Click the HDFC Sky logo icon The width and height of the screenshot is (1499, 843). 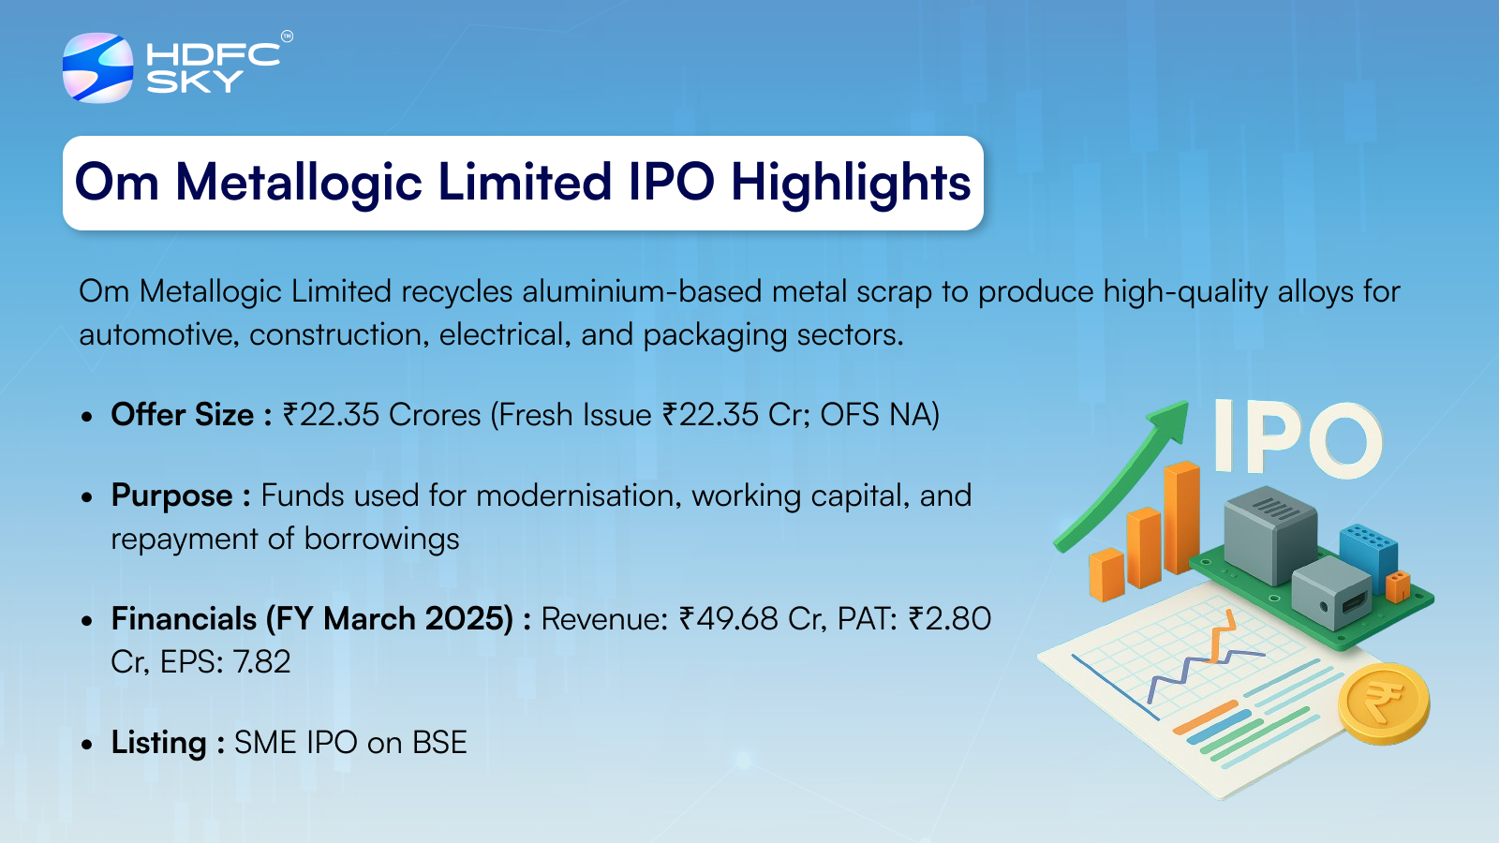coord(97,67)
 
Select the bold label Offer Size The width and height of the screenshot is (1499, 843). coord(183,415)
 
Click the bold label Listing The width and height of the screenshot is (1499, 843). coord(158,744)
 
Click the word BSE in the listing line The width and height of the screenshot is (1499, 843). coord(439,743)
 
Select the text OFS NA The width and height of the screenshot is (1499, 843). coord(875,415)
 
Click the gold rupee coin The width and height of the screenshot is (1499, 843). coord(1384,703)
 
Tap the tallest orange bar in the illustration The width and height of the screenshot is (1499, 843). coord(1181,517)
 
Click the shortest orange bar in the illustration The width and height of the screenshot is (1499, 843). coord(1106,574)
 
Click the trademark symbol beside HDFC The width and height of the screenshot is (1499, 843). coord(287,37)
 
